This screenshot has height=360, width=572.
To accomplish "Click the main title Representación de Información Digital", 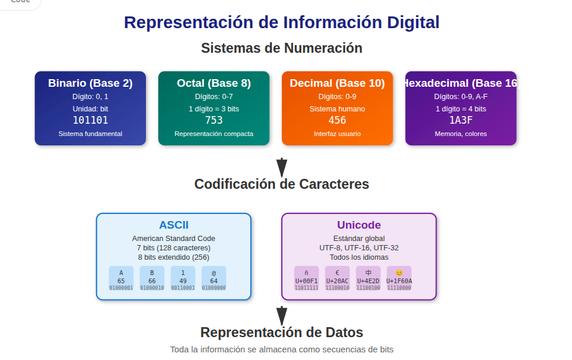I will pos(281,22).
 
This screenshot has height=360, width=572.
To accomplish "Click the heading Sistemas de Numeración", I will pos(281,48).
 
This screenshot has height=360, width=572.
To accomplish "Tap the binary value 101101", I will pos(90,120).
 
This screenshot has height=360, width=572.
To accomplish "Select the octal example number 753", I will pos(214,120).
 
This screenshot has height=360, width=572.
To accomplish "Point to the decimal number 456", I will pos(337,120).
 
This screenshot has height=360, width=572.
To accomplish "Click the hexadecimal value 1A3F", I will pos(461,120).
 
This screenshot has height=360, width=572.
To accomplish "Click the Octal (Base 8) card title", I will pos(214,83).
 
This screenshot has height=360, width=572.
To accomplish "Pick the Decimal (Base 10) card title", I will pos(337,83).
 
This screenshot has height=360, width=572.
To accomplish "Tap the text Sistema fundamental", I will pos(90,134).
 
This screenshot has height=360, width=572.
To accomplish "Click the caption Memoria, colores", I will pos(461,134).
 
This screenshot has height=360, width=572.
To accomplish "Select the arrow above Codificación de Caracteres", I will pos(281,167).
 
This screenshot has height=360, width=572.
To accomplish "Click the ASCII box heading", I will pos(173,225).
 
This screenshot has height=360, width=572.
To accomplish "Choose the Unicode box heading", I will pos(359,225).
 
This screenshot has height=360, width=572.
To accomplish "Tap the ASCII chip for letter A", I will pos(121,279).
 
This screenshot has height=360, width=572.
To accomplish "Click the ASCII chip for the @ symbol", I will pos(214,279).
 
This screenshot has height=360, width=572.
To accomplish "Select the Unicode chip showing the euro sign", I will pos(338,279).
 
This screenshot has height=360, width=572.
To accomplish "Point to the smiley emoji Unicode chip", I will pos(399,279).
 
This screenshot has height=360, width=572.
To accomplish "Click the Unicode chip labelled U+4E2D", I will pos(368,279).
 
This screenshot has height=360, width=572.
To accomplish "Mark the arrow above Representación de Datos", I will pos(281,315).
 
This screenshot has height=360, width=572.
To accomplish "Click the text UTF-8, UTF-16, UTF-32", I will pos(359,248).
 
